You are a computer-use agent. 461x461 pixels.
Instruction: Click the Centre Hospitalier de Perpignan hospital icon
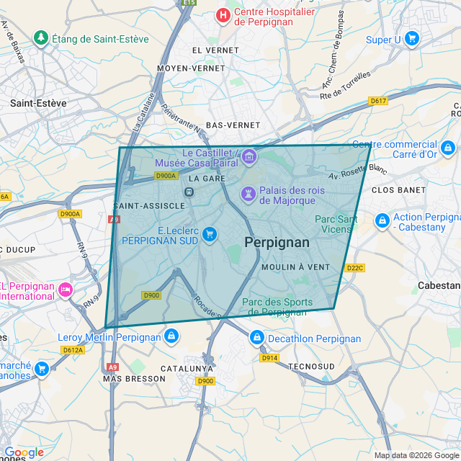[x=223, y=14]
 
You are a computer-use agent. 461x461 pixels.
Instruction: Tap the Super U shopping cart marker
[x=412, y=38]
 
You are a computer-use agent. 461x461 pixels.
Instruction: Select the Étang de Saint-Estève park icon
[x=41, y=37]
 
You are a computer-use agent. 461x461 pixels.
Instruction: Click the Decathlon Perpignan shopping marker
[x=257, y=337]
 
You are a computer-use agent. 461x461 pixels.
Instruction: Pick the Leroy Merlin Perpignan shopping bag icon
[x=171, y=336]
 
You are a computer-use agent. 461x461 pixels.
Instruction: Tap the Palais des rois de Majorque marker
[x=248, y=194]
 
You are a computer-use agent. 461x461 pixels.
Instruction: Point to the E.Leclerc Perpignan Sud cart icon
[x=210, y=234]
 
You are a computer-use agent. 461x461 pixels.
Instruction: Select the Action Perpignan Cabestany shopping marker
[x=382, y=220]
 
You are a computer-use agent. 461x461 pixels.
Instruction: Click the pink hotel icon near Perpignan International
[x=66, y=290]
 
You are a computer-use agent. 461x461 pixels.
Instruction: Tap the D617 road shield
[x=378, y=101]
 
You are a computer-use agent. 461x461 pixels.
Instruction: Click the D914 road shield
[x=269, y=358]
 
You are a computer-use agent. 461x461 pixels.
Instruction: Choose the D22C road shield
[x=355, y=268]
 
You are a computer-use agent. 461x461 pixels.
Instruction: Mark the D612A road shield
[x=73, y=350]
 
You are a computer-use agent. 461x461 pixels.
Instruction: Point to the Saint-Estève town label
[x=38, y=103]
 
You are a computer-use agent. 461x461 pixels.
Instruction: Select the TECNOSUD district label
[x=311, y=367]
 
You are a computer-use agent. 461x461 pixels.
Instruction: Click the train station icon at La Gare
[x=189, y=192]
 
